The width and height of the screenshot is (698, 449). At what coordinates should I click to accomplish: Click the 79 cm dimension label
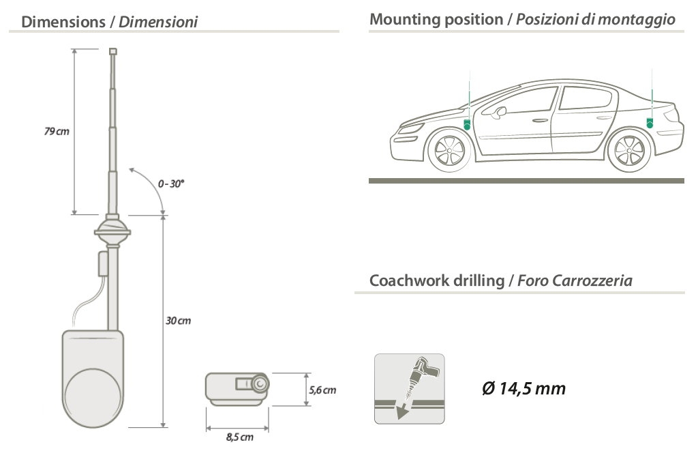click(x=57, y=131)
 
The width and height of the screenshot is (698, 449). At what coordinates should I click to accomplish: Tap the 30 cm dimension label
click(x=179, y=321)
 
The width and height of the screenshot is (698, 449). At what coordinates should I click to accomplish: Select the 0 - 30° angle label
click(x=171, y=184)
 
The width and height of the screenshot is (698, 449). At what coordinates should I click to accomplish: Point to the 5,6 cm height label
click(x=322, y=391)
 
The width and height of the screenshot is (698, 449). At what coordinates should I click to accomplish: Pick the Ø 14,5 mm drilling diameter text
click(x=523, y=389)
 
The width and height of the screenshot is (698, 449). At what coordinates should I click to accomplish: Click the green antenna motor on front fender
click(x=468, y=125)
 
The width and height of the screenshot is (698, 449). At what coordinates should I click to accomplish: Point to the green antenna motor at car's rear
click(x=650, y=123)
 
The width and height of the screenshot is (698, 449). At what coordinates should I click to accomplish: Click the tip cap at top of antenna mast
click(x=113, y=51)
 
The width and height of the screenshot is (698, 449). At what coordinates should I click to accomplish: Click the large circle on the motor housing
click(x=95, y=394)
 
